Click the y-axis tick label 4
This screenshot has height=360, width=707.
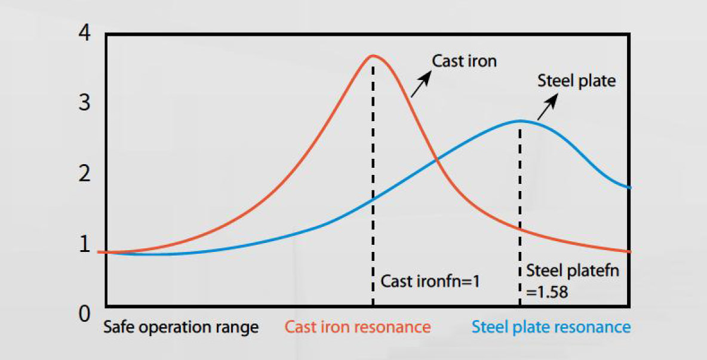tap(84, 33)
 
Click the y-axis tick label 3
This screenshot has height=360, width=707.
tap(84, 103)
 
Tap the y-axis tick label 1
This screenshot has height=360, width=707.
tap(84, 244)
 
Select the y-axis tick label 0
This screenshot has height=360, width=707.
tap(84, 313)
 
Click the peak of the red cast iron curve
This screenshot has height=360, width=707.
tap(373, 56)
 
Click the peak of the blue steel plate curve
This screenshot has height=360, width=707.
tap(520, 121)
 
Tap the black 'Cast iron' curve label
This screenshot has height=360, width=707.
tap(464, 61)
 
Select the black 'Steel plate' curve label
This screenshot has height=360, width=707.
tap(576, 81)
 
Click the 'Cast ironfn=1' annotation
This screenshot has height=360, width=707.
tap(430, 281)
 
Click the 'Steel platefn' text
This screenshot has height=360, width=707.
tap(573, 271)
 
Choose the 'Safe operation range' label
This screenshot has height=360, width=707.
tap(181, 328)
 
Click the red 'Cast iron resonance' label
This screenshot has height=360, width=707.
tap(357, 328)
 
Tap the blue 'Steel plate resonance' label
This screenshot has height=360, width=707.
tap(551, 328)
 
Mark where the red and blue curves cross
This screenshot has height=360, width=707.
tap(437, 159)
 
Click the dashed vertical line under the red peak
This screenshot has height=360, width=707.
tap(373, 179)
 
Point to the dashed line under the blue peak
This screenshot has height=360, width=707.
tap(520, 209)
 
